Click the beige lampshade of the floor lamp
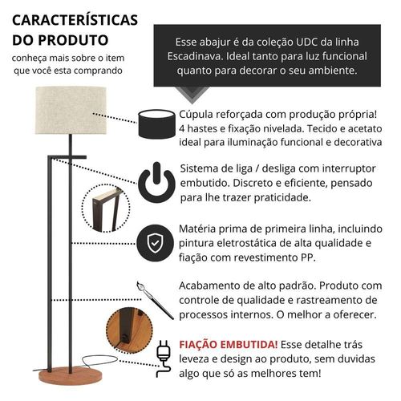click(71, 110)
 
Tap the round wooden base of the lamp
click(71, 375)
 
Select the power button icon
click(156, 182)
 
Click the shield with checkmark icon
click(155, 243)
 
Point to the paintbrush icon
click(155, 300)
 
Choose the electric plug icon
click(163, 358)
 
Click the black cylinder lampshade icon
click(156, 124)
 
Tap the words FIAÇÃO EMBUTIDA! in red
click(229, 344)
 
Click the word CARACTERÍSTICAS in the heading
click(75, 20)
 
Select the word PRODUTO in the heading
click(73, 40)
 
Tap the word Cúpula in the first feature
click(196, 115)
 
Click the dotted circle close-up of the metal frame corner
click(106, 208)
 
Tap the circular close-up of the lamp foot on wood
click(129, 330)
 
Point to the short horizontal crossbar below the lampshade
click(67, 157)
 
